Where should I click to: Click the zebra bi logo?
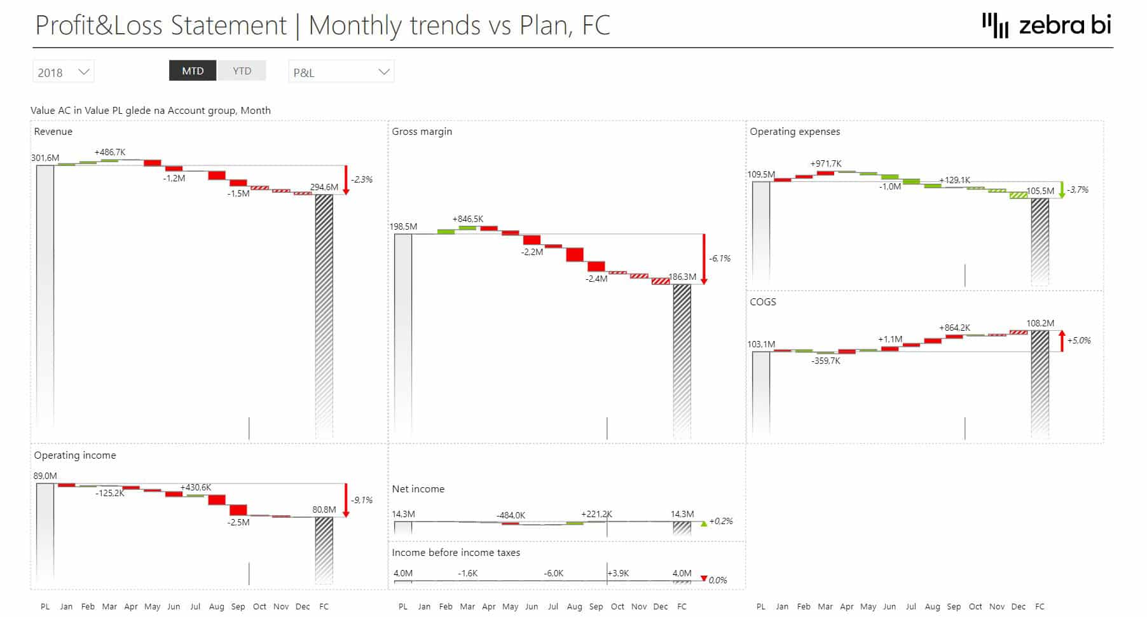[1047, 25]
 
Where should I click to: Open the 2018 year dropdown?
[63, 72]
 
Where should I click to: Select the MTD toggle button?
[193, 71]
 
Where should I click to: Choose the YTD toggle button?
[242, 71]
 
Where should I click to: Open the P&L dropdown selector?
[341, 72]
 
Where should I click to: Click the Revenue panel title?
[53, 132]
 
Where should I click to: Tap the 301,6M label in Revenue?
[45, 158]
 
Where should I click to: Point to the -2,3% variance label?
[362, 179]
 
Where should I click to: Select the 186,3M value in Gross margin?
[682, 277]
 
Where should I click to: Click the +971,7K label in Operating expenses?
[826, 163]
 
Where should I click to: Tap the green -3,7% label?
[1078, 190]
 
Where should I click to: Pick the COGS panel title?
[762, 302]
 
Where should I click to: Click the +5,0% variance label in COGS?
[1079, 340]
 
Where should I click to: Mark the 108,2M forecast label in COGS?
[1040, 323]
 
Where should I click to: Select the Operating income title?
[75, 455]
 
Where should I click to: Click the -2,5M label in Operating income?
[238, 522]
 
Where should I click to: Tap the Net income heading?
[418, 489]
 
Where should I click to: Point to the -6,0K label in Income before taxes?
[553, 573]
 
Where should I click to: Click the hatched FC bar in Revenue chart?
[324, 305]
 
